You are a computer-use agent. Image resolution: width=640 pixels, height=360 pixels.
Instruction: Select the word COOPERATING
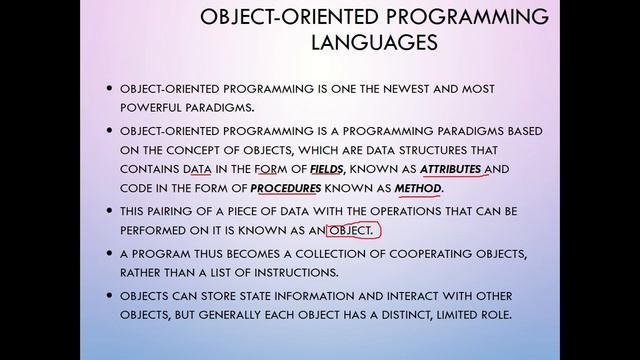(398, 254)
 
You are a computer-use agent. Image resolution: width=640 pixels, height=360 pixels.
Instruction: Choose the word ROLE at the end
(491, 316)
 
